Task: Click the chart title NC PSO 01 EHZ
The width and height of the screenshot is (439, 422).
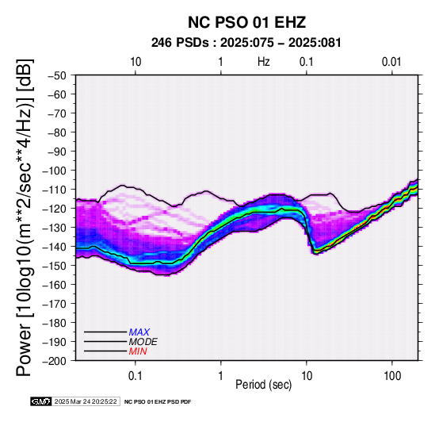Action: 246,22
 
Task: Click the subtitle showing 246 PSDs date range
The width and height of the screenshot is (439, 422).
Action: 246,43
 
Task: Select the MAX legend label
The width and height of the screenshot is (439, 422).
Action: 139,332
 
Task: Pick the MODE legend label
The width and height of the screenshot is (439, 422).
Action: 143,342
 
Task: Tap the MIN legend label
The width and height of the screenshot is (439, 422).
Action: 138,351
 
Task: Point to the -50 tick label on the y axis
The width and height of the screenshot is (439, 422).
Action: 57,75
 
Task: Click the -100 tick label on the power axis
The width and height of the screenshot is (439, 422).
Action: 55,171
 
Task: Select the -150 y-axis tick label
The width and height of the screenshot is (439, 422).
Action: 55,266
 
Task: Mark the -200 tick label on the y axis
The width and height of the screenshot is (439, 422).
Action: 55,361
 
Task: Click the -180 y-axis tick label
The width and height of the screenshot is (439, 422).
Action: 55,323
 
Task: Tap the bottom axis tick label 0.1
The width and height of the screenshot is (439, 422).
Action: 136,376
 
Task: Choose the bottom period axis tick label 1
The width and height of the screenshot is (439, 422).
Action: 220,376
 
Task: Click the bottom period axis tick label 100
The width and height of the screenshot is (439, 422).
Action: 392,376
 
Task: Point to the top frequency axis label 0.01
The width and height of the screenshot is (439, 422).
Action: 391,62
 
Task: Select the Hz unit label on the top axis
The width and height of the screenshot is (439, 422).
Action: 263,62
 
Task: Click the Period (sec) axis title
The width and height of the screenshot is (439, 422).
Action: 263,385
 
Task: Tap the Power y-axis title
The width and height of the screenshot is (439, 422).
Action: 25,217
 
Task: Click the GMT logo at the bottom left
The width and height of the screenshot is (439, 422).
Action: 41,401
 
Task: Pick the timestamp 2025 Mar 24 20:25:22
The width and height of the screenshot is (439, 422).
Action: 86,401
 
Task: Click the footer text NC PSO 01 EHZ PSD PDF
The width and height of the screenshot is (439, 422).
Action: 158,402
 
